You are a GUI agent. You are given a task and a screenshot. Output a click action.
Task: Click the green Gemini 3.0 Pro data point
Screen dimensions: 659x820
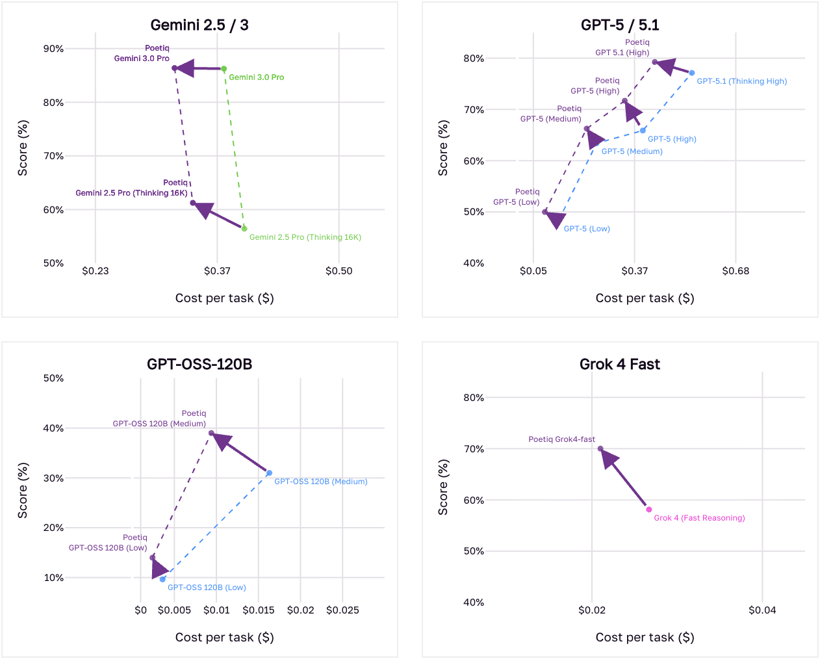point(224,69)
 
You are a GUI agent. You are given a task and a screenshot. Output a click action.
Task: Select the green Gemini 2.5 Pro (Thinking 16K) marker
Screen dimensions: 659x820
point(244,229)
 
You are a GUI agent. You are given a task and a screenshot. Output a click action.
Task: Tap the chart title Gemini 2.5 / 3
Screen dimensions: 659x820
point(199,25)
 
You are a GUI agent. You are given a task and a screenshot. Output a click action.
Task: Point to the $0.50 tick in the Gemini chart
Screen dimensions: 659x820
point(339,271)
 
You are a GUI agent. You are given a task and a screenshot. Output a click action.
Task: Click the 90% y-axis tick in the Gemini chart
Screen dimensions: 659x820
point(53,49)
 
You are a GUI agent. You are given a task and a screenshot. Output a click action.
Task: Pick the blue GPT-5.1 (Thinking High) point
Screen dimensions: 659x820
point(692,73)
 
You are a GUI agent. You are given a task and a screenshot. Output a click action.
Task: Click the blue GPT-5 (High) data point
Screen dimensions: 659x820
point(643,131)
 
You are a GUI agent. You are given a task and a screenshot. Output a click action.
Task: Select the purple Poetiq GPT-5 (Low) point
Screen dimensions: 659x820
point(545,212)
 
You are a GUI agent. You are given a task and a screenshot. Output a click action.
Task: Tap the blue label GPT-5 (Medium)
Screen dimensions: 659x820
point(632,151)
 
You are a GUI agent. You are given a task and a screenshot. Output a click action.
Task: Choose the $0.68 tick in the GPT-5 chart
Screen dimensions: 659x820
point(736,271)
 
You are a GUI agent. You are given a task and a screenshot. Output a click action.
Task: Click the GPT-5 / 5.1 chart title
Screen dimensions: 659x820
point(620,25)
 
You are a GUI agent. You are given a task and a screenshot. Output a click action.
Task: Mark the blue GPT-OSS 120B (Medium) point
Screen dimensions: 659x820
point(269,473)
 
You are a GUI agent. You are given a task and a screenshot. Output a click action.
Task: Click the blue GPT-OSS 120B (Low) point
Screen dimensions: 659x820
point(162,579)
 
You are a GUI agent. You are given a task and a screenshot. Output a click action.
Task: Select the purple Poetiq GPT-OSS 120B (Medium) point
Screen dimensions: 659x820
point(211,433)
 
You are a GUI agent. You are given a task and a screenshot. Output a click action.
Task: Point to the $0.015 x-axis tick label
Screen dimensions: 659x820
point(259,610)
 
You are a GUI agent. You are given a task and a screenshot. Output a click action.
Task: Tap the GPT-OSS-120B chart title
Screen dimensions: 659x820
point(199,364)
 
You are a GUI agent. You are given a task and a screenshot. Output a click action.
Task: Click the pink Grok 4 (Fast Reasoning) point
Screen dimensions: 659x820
point(648,510)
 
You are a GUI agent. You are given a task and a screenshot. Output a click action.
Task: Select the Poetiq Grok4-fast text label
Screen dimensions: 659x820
point(561,439)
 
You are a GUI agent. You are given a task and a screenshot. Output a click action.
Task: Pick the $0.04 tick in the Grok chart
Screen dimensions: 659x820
point(762,610)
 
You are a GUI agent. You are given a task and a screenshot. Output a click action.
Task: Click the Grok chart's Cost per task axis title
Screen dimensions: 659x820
point(645,638)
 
